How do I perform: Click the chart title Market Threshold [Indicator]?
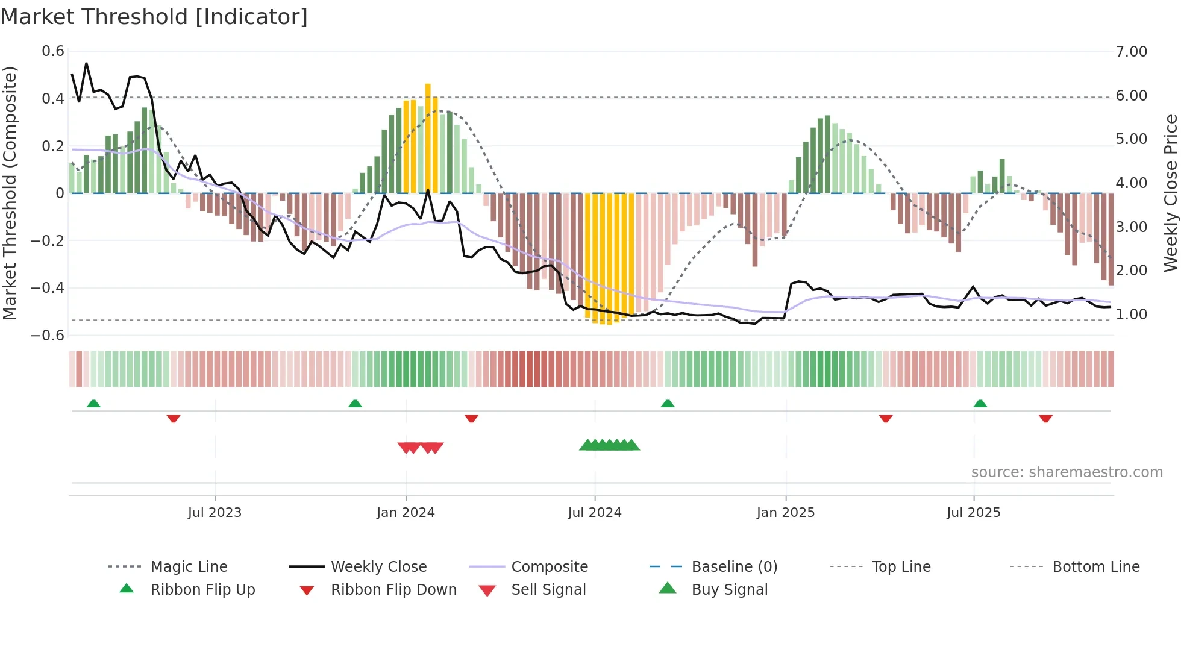pyautogui.click(x=154, y=17)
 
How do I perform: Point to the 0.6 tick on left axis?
pyautogui.click(x=53, y=51)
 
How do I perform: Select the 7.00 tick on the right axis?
pyautogui.click(x=1131, y=52)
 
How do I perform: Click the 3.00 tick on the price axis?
pyautogui.click(x=1131, y=227)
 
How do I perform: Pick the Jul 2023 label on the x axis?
pyautogui.click(x=215, y=513)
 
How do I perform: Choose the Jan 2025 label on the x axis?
pyautogui.click(x=785, y=513)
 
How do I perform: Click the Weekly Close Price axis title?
pyautogui.click(x=1170, y=193)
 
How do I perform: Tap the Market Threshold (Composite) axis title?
pyautogui.click(x=10, y=193)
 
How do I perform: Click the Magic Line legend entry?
pyautogui.click(x=189, y=567)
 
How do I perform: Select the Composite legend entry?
pyautogui.click(x=549, y=567)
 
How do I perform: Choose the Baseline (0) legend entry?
pyautogui.click(x=734, y=567)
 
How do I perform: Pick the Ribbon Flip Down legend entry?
pyautogui.click(x=393, y=590)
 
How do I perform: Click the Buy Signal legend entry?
pyautogui.click(x=729, y=590)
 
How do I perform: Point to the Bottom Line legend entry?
pyautogui.click(x=1095, y=567)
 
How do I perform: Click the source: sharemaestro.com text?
pyautogui.click(x=1067, y=472)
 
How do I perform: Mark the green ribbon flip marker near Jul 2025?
pyautogui.click(x=980, y=404)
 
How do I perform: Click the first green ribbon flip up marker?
pyautogui.click(x=93, y=404)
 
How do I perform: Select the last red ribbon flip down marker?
pyautogui.click(x=1045, y=418)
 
